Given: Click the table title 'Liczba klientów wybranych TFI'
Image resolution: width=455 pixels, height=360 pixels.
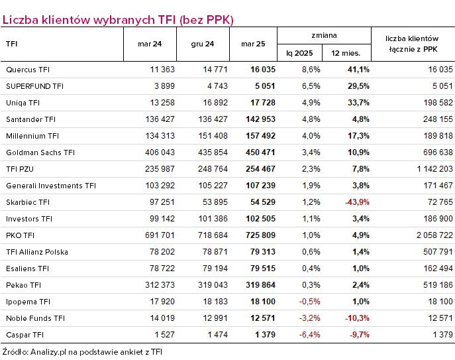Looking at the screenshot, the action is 89,20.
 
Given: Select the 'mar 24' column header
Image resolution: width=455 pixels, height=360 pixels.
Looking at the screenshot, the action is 150,44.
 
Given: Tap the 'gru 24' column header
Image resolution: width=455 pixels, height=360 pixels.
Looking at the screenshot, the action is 203,44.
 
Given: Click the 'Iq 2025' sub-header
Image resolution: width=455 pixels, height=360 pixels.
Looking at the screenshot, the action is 299,53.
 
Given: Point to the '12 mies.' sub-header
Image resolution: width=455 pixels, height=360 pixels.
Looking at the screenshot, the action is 346,53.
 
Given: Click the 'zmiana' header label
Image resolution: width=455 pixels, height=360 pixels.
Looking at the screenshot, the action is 324,35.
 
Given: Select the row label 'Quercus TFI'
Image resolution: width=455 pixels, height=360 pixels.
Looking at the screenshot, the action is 28,70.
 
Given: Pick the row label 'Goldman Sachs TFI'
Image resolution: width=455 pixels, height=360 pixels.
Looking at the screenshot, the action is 40,152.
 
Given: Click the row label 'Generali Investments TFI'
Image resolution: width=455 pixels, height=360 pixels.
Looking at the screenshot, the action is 51,186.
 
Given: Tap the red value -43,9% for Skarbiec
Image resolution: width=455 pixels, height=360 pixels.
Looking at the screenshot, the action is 357,202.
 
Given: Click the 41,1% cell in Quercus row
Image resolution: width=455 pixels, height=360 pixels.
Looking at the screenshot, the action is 358,70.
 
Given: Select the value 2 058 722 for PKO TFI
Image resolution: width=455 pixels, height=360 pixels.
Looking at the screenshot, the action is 434,235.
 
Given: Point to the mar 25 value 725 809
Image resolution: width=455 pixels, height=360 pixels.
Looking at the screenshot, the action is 260,235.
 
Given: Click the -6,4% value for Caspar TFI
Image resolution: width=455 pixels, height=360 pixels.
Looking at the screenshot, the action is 309,335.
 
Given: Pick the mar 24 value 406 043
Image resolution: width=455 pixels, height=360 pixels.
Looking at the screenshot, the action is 160,152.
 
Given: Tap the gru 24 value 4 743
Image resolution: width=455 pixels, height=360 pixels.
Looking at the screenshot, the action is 217,86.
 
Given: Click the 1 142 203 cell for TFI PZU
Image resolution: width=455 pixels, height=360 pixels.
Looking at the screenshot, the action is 434,169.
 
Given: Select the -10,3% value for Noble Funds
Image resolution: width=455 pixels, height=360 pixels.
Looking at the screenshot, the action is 357,318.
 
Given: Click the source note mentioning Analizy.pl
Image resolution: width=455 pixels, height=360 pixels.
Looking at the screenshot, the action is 82,352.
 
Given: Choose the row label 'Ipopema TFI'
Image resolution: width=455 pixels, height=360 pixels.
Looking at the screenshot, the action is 28,302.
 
